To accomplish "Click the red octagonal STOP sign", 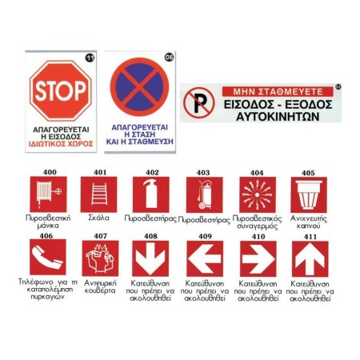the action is pos(61,90).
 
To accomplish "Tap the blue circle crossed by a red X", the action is pos(139,87).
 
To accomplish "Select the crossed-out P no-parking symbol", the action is pos(199,103).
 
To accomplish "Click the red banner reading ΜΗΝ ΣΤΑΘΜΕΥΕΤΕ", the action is pos(278,92).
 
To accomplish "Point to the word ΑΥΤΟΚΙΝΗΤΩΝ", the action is pos(278,117).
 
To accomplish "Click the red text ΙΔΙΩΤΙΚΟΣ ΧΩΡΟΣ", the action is pos(61,144).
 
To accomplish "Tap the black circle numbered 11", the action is pos(90,58).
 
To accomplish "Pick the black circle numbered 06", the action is pos(169,57).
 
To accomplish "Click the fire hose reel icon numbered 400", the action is pos(48,194).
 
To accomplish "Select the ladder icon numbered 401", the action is pos(99,194).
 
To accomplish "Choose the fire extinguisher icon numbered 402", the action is pos(151,194).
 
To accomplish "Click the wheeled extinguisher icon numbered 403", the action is pos(204,195).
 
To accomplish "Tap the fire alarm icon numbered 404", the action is pos(258,195).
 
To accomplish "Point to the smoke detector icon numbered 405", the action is pos(309,195).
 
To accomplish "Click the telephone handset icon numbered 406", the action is pos(48,257).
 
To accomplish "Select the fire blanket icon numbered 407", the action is pos(100,258).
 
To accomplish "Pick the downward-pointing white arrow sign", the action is pos(150,258).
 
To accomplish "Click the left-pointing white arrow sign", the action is pos(205,258).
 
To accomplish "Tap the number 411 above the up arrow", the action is pos(310,237).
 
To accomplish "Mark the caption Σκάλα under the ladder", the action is pos(98,218).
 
